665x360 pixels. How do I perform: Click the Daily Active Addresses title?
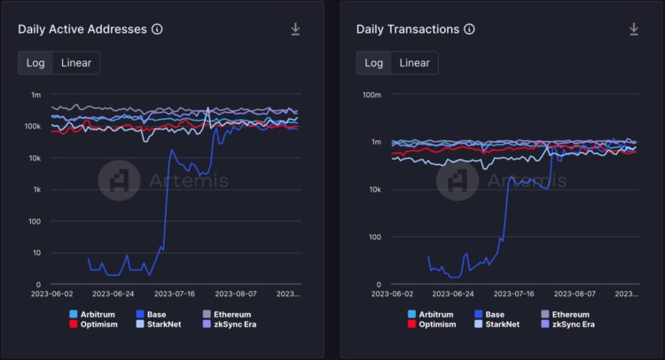point(82,29)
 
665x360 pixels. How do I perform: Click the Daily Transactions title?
point(407,29)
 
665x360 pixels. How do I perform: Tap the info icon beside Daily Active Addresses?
point(157,29)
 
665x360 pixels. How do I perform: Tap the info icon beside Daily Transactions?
point(469,29)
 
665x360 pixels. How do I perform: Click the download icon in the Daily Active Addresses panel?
point(295,29)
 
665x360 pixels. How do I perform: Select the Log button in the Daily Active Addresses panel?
point(35,62)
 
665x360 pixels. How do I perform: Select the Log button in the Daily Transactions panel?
point(374,62)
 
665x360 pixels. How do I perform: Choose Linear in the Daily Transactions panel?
point(415,62)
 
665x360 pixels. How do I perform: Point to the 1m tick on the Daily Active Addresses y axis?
point(35,95)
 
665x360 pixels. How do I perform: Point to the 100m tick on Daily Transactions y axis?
point(371,95)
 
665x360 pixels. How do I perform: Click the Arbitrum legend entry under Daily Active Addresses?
point(93,314)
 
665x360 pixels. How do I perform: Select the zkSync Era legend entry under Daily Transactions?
point(571,325)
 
